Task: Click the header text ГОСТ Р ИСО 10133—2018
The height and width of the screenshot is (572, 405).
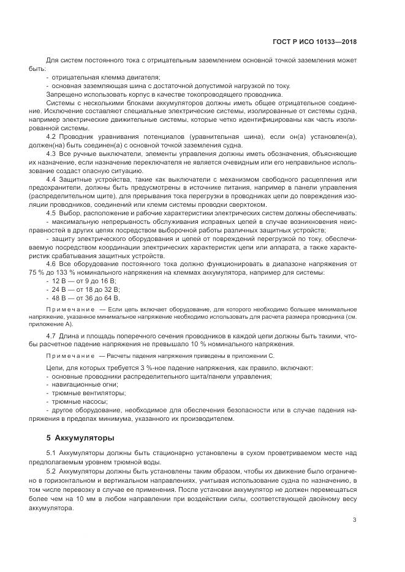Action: click(x=314, y=42)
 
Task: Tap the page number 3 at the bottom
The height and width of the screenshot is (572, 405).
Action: click(x=354, y=503)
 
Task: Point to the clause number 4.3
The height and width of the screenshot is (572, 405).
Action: click(x=51, y=153)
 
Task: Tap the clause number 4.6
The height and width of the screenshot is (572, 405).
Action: click(x=51, y=262)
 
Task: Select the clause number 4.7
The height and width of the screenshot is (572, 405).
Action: click(x=51, y=336)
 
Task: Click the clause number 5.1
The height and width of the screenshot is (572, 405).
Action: click(x=51, y=452)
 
